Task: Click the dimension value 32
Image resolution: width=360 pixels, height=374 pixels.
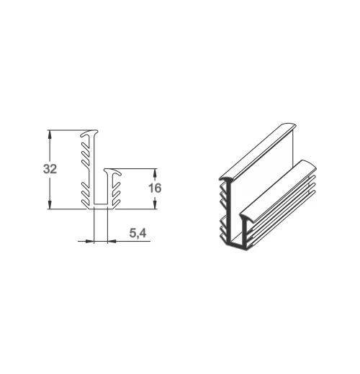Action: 50,169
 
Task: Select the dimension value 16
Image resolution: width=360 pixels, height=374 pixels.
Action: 155,188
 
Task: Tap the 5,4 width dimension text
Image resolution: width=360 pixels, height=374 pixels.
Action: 138,233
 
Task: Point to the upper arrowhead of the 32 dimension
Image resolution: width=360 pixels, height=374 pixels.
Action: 50,134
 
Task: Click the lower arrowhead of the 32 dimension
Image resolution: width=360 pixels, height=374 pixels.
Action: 50,205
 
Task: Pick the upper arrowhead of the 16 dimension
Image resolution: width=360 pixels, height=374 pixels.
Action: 155,173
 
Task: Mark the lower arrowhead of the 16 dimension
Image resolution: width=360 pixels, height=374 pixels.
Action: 155,205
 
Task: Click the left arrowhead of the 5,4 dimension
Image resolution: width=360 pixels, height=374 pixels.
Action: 89,241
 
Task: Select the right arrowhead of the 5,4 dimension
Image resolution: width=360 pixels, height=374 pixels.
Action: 112,241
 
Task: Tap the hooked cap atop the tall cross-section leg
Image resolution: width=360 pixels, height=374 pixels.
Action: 89,133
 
